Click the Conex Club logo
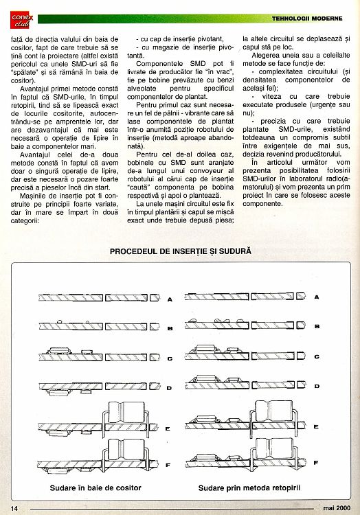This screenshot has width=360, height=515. coord(22,20)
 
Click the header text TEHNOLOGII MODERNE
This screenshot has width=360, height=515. coord(307,19)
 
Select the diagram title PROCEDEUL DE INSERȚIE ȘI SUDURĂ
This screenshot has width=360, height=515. coord(180,251)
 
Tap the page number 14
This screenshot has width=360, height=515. coord(14,508)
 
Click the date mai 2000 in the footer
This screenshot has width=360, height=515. coord(337,508)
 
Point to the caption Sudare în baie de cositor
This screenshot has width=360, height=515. coord(95,488)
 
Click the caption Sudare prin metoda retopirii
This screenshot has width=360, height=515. coord(249,488)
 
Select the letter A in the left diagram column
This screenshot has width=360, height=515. coord(170,299)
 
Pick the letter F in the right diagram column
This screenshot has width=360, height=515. coord(316,463)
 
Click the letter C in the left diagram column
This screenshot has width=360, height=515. coord(170,358)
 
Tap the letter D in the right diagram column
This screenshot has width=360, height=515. coord(317,386)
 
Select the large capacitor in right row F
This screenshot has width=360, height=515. coord(275,448)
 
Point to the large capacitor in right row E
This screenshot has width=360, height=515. coord(274,411)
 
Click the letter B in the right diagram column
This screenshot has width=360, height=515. coord(317,326)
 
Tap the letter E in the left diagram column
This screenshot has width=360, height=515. coord(168,428)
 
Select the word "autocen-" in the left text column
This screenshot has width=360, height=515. coord(104,113)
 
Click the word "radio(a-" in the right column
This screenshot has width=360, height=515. coord(338,179)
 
